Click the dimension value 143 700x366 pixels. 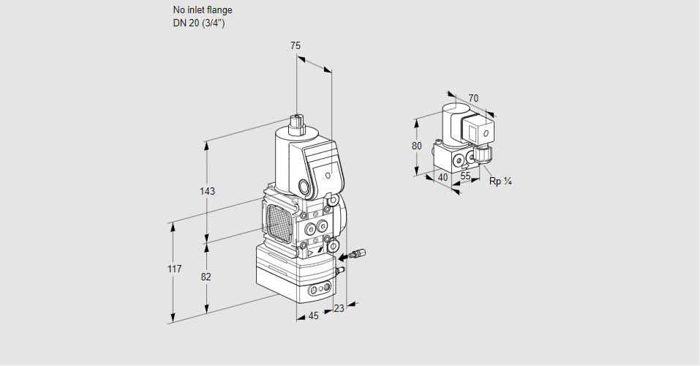point(207,191)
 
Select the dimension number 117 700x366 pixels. point(173,269)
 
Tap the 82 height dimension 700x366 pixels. point(206,277)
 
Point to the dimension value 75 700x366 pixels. point(296,45)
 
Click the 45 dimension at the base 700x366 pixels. point(313,315)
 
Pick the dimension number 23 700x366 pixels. point(339,308)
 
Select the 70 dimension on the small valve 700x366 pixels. point(473,98)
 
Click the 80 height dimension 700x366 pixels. point(417,146)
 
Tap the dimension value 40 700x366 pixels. point(443,177)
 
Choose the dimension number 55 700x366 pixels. point(465,176)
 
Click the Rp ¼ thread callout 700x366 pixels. point(500,182)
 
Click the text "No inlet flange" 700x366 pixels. point(203,10)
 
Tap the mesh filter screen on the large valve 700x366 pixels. point(278,219)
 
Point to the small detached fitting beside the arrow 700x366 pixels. point(355,255)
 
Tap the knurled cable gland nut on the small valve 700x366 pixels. point(483,155)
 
